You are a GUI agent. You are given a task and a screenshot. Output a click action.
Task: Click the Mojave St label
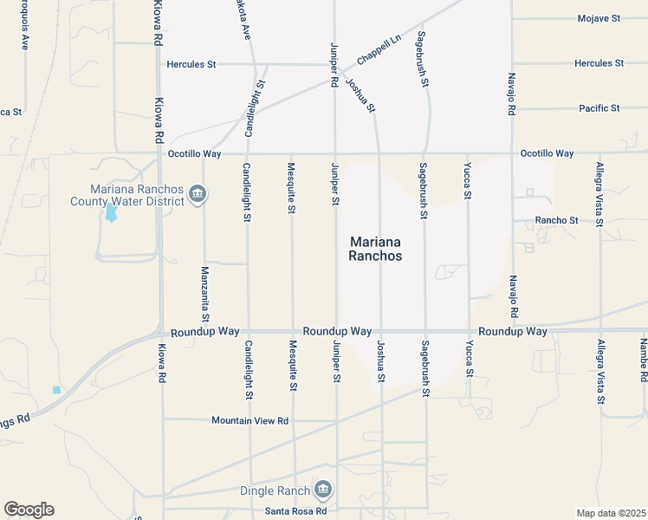pyautogui.click(x=599, y=18)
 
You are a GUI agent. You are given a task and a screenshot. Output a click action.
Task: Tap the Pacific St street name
pyautogui.click(x=599, y=108)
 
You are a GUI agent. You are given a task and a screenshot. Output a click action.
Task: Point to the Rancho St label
pyautogui.click(x=556, y=220)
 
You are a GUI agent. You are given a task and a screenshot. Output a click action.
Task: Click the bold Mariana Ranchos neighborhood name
pyautogui.click(x=376, y=249)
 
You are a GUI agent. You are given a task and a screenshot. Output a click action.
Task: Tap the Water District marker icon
pyautogui.click(x=197, y=193)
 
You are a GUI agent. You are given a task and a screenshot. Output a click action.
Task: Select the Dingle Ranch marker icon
pyautogui.click(x=322, y=491)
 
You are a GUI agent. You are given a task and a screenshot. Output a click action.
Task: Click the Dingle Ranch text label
pyautogui.click(x=275, y=491)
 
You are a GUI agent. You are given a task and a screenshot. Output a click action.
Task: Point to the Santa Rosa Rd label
pyautogui.click(x=296, y=510)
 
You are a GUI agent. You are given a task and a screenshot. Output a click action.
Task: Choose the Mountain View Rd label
pyautogui.click(x=249, y=420)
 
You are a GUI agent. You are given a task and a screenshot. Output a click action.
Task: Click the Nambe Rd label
pyautogui.click(x=644, y=361)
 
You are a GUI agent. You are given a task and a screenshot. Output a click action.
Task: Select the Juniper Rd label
pyautogui.click(x=334, y=65)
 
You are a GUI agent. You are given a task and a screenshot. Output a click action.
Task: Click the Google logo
pyautogui.click(x=29, y=510)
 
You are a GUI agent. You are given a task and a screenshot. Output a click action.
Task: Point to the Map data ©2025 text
pyautogui.click(x=611, y=513)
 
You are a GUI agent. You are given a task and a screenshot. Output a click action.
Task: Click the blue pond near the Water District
pyautogui.click(x=111, y=213)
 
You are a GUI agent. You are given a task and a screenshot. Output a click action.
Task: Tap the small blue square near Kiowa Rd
pyautogui.click(x=56, y=390)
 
